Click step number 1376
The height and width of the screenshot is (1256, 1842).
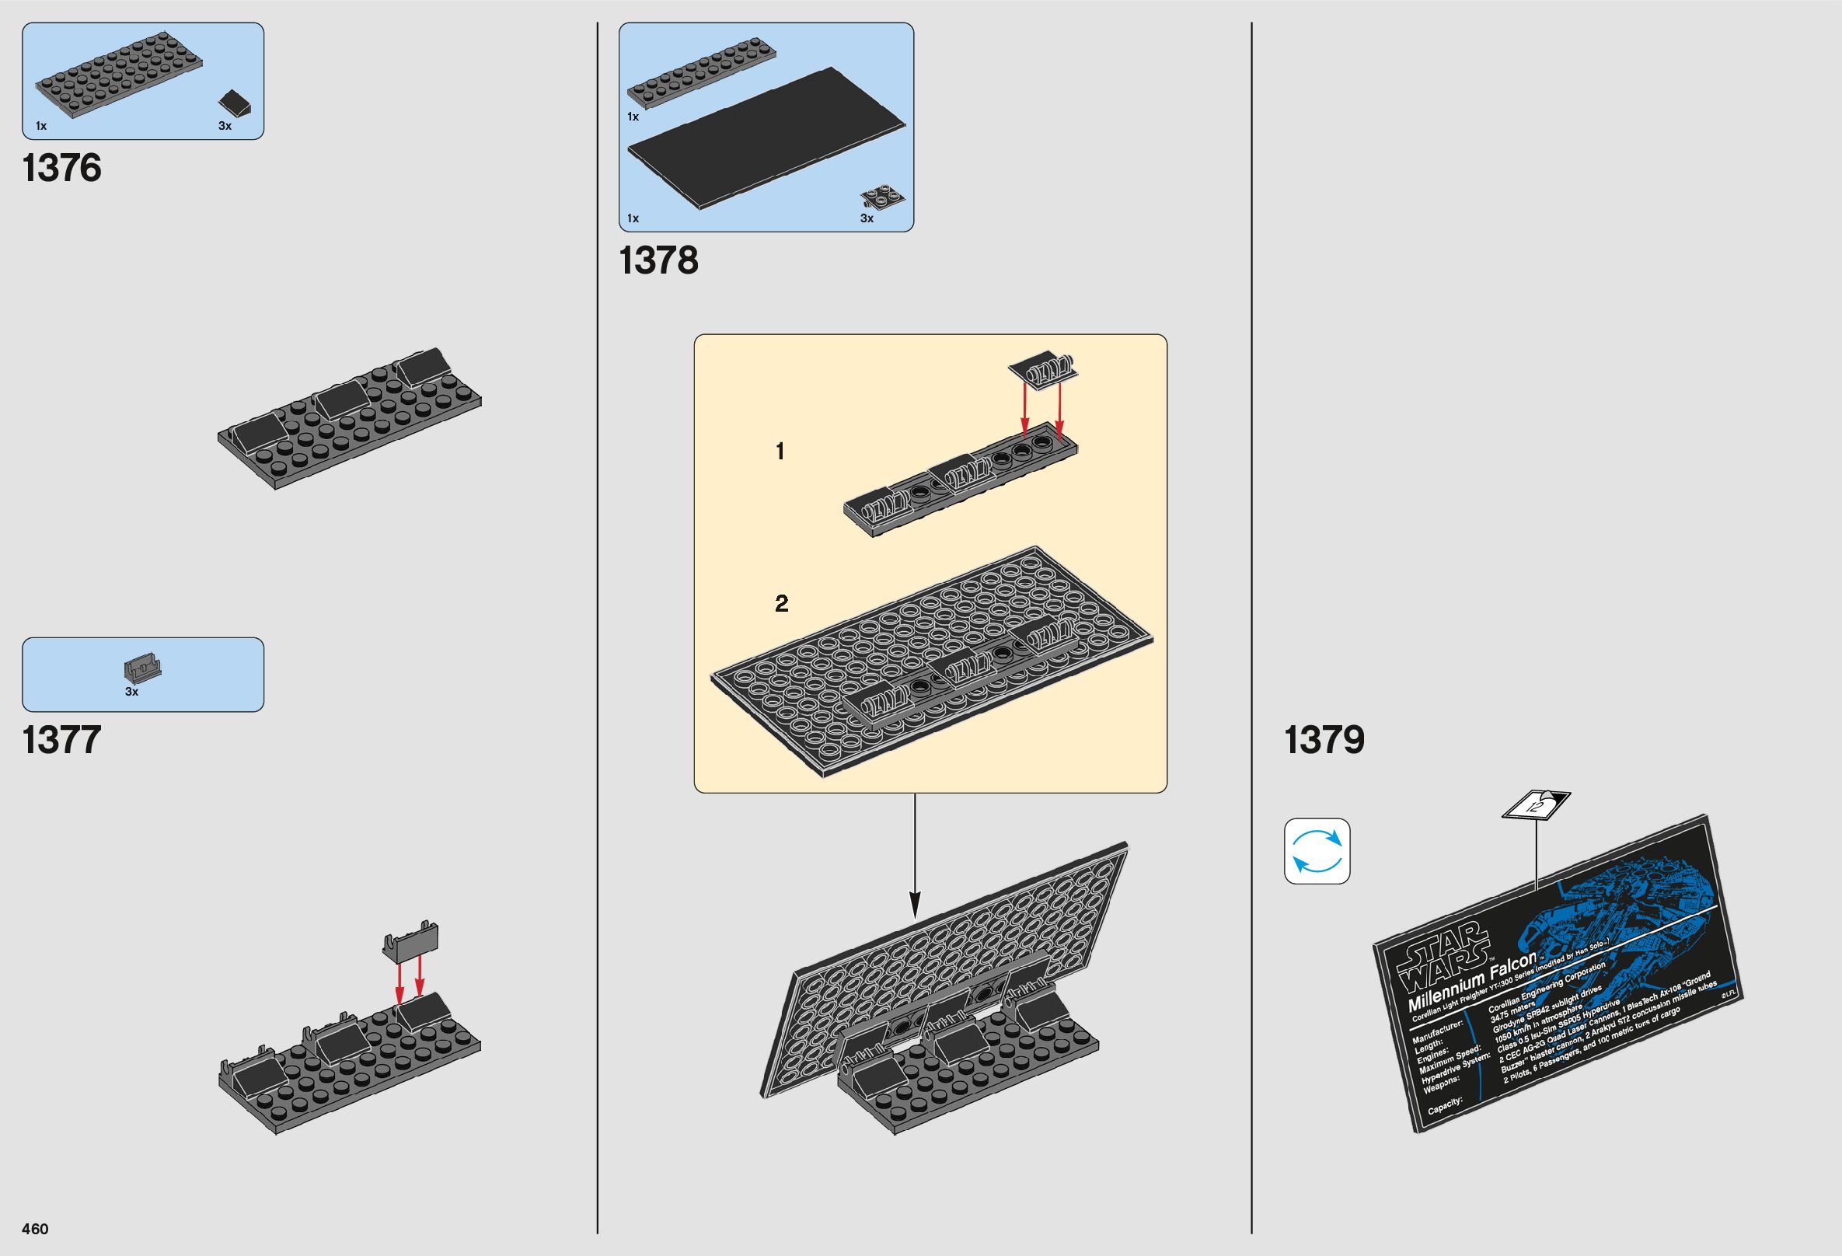point(63,169)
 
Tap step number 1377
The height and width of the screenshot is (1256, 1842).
point(62,739)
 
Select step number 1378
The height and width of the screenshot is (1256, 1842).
point(658,260)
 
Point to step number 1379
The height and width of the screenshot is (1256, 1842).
point(1324,739)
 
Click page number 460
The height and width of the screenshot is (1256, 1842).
point(36,1229)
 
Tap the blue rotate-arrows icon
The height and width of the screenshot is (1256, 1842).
point(1317,851)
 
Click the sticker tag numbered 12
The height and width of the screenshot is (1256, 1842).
point(1536,806)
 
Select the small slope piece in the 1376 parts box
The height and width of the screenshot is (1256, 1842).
point(236,103)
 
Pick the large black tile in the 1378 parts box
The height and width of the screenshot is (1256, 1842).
point(766,138)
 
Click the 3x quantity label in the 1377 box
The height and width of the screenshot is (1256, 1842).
point(131,692)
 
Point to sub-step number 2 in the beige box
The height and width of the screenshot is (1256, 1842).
point(782,604)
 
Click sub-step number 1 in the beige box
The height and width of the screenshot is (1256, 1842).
point(780,452)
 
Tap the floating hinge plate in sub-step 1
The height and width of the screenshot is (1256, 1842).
point(1045,371)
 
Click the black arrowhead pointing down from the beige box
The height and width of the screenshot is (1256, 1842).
point(915,902)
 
